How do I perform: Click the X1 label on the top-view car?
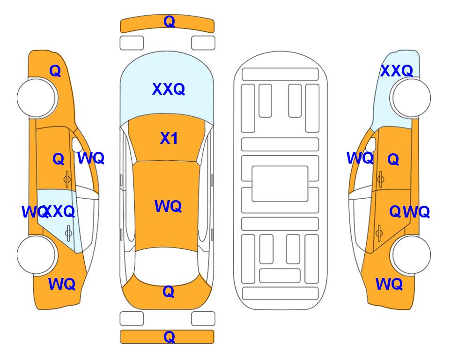point(169,138)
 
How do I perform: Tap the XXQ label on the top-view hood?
point(169,89)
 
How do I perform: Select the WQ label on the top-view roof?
point(168,206)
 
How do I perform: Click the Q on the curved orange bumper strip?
point(169,22)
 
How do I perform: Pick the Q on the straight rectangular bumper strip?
point(169,337)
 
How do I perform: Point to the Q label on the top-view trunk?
point(169,292)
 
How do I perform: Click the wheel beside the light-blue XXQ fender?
point(410,98)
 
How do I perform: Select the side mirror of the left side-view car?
point(76,144)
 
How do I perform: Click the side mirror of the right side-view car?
point(371,144)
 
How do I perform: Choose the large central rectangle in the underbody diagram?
point(280,184)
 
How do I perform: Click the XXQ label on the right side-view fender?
point(397,71)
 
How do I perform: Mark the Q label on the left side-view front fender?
point(55,71)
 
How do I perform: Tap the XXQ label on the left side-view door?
point(59,212)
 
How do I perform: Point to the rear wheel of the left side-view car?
point(37,255)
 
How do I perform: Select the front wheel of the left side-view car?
point(37,98)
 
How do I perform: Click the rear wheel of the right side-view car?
point(410,255)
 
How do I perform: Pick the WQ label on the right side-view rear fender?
point(389,284)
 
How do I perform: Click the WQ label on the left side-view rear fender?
point(62,284)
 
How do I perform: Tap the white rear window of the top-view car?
point(167,265)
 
